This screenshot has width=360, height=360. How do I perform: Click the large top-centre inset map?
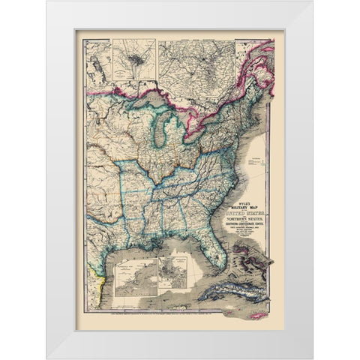pos(197,64)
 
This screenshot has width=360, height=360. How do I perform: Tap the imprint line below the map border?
pos(180,321)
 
